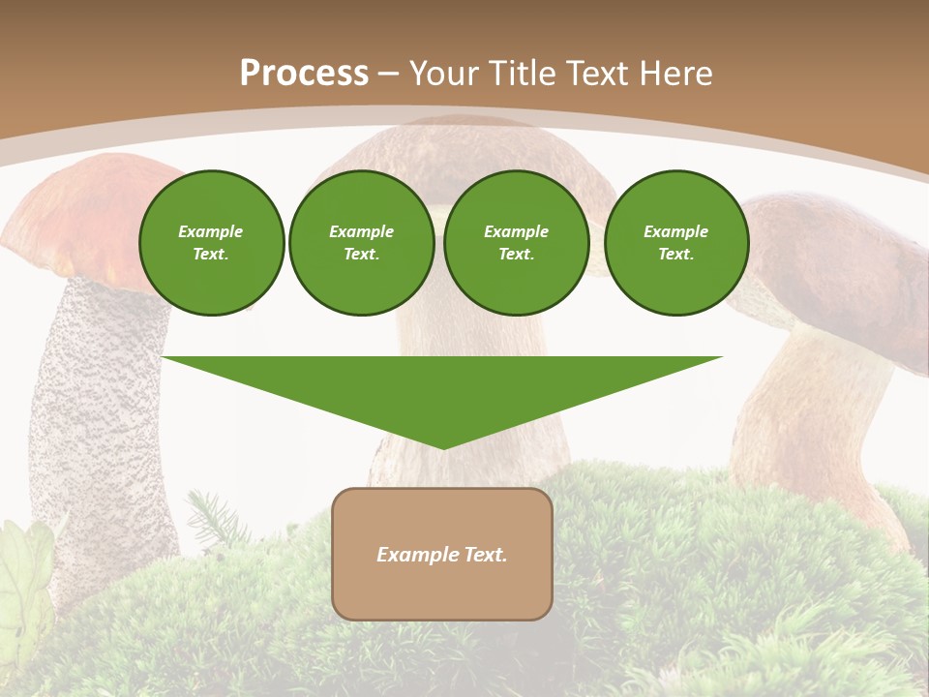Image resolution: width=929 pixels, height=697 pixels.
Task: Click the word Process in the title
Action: point(304,74)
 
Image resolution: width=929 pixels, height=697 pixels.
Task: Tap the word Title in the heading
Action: point(517,74)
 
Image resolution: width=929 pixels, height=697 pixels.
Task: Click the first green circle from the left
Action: point(211,243)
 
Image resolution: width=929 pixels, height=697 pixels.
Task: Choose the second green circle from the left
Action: point(361,243)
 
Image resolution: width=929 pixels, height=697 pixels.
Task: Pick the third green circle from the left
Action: point(516,243)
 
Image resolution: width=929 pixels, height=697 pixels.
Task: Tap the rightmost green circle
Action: point(675,243)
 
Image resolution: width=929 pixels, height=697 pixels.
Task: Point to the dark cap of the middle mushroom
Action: point(484,155)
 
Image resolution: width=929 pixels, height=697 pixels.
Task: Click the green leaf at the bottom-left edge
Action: point(24,581)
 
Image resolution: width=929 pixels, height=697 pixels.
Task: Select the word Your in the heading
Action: point(444,74)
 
